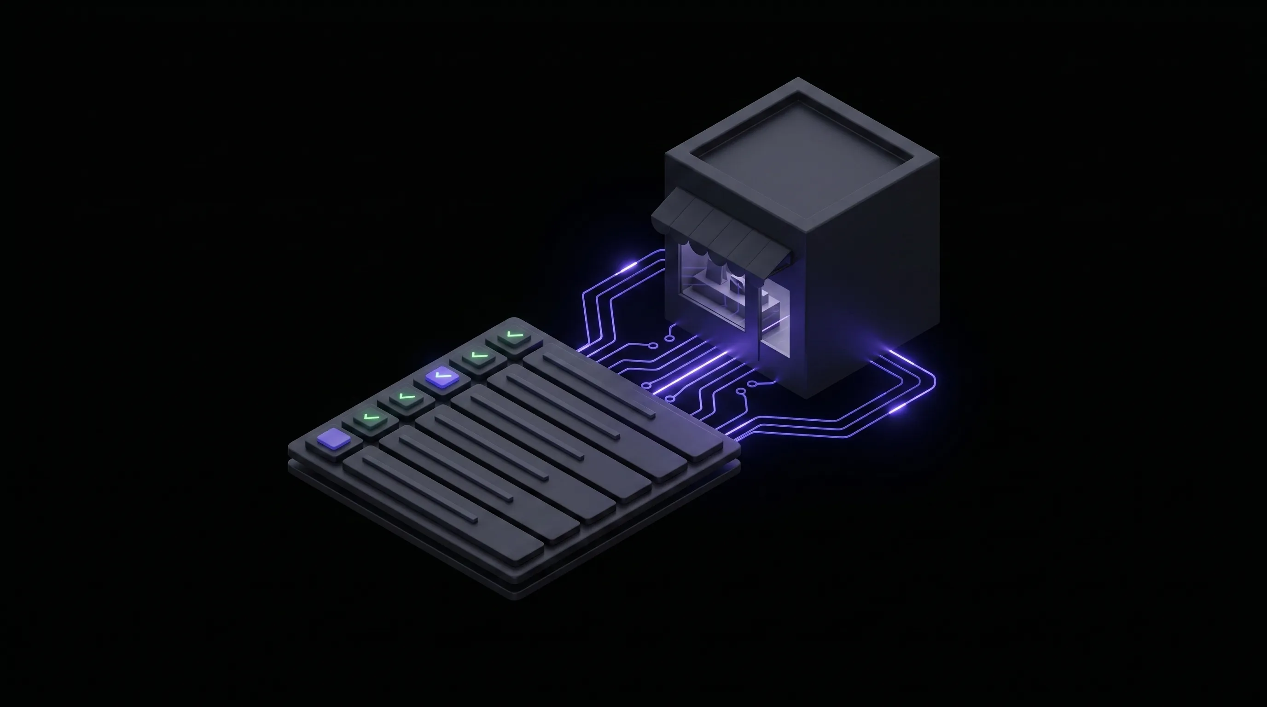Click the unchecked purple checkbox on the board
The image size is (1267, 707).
pos(333,439)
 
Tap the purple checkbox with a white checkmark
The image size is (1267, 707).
pos(441,377)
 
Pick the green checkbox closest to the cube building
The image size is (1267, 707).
pos(513,336)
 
